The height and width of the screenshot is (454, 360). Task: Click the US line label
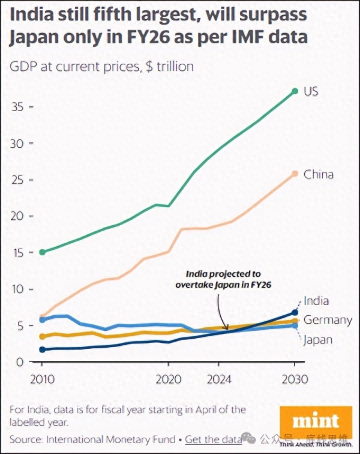click(310, 91)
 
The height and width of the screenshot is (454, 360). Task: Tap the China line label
click(318, 175)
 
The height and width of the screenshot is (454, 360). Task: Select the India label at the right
click(316, 301)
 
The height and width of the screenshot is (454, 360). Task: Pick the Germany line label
click(328, 319)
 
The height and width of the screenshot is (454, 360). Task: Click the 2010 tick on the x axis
click(41, 380)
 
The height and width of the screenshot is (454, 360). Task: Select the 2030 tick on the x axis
click(295, 380)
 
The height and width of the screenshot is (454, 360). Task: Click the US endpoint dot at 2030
click(295, 91)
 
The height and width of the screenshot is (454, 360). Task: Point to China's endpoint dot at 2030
click(295, 174)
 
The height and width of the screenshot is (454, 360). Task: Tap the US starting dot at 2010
click(42, 252)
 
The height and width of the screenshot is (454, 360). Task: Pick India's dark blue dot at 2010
click(42, 350)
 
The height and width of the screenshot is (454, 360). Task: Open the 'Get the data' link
click(214, 440)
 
